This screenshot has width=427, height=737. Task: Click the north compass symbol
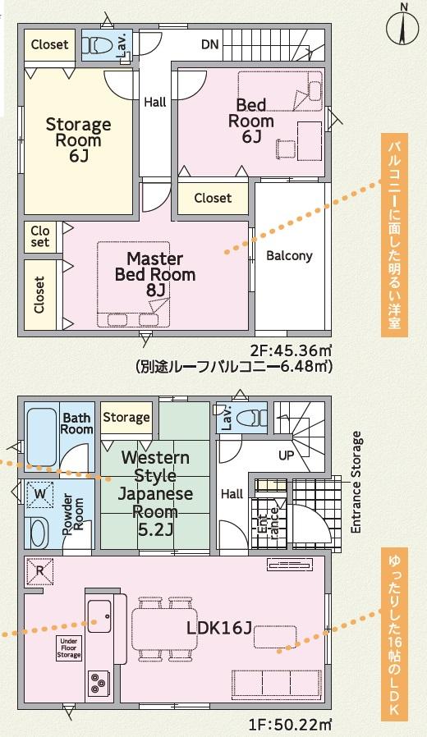tap(403, 26)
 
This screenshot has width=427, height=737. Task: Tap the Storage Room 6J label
tap(79, 140)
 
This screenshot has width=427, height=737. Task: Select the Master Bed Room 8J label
tap(154, 274)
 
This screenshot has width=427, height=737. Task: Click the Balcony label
tap(289, 256)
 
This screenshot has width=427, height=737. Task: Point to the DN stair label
tap(210, 44)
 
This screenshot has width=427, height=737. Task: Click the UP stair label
tap(286, 455)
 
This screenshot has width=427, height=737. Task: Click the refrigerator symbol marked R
tap(40, 571)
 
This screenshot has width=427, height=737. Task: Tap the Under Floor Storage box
tap(69, 648)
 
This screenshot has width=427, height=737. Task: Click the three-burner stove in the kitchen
tap(99, 683)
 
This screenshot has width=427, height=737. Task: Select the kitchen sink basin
tap(99, 616)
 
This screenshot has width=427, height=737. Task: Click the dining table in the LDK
tap(165, 629)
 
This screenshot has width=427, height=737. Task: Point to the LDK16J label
tap(219, 628)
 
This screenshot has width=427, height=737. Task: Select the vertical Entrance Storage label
tap(356, 483)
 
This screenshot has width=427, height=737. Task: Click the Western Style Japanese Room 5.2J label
tap(154, 493)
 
